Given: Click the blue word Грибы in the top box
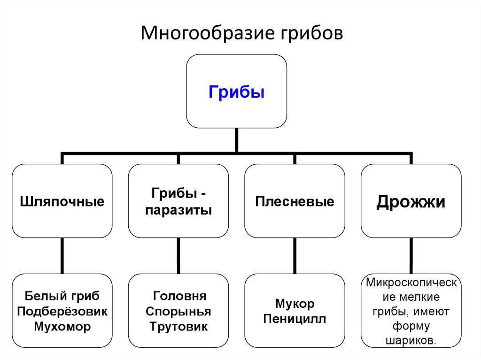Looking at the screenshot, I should pos(236,91).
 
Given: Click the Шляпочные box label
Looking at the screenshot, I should pos(62,202).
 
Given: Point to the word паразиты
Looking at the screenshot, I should pos(178,210).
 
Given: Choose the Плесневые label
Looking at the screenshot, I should pos(295,202).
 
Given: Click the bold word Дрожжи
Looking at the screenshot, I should pos(411,202).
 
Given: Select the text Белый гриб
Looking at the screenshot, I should pos(62,296).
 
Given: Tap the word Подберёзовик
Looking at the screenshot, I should pos(62,311).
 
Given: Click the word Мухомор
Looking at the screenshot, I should pos(62,326).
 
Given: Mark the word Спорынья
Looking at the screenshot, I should pos(178,311).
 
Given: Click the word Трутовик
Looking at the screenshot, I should pos(178,326).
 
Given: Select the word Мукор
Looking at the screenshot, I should pos(295,304).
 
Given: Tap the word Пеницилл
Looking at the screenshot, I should pos(295,319).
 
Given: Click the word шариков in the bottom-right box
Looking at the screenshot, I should pos(411,340).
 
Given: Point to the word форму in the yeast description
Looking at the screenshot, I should pos(411,326).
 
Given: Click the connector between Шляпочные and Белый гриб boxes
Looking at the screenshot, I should pos(62,256).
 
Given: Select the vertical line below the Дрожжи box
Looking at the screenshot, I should pos(411,256).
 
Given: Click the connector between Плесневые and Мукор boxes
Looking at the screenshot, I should pos(295,256).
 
